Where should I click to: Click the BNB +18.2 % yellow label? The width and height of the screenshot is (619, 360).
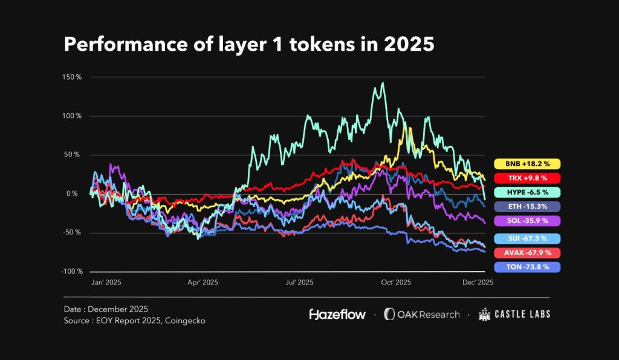(x=527, y=164)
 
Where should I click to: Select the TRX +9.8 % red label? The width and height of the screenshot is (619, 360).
(x=527, y=178)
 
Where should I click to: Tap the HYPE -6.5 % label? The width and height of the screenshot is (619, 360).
(x=527, y=192)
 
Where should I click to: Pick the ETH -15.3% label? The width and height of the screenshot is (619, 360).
(x=527, y=207)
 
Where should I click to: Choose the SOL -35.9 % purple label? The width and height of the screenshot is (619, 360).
(x=527, y=221)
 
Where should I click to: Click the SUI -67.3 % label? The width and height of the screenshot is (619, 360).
(x=527, y=239)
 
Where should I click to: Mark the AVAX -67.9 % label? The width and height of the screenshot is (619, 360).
(x=527, y=252)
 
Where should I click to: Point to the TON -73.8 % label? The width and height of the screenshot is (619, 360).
(x=527, y=267)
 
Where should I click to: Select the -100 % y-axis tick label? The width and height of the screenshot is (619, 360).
(x=70, y=271)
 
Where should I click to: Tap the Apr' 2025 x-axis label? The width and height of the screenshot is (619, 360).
(x=203, y=282)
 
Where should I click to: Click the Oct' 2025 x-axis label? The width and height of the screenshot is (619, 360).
(x=396, y=282)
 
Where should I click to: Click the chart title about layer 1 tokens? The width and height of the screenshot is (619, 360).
(x=249, y=45)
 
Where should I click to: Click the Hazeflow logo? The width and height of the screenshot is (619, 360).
(x=335, y=314)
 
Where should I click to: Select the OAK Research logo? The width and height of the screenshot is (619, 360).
(x=421, y=314)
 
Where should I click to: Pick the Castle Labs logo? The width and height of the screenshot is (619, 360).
(x=514, y=314)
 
